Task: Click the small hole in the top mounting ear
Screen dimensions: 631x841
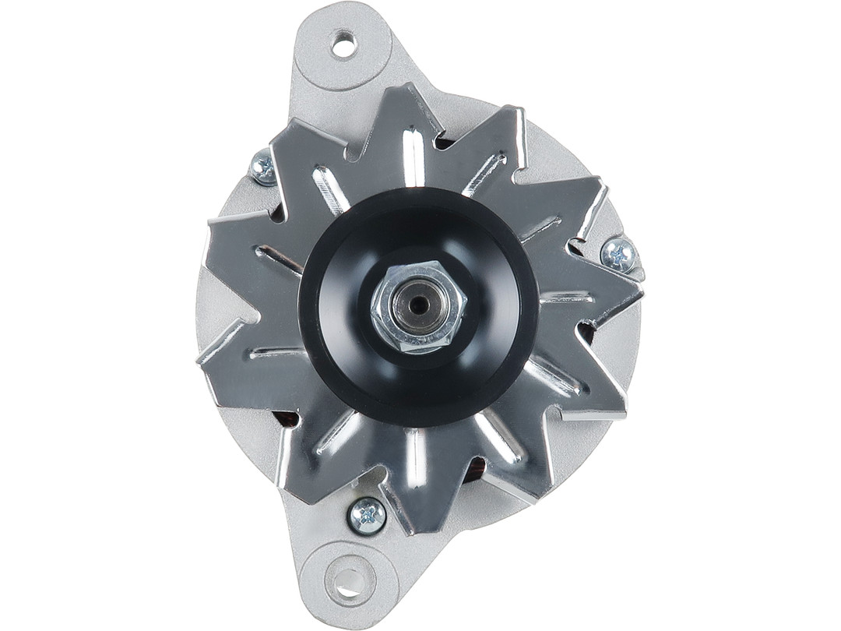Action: tap(343, 44)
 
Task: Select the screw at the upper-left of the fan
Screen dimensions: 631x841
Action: tap(263, 167)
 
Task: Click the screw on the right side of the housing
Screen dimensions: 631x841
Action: tap(619, 254)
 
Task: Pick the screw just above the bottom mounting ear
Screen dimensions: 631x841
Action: tap(367, 515)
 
